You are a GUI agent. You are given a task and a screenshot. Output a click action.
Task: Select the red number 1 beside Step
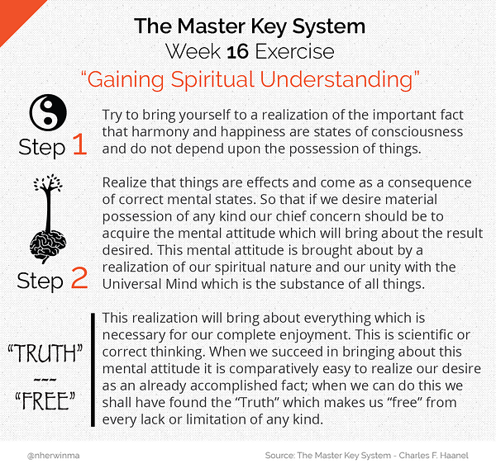(x=79, y=146)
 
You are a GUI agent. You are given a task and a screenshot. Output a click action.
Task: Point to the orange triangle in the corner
(x=10, y=10)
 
